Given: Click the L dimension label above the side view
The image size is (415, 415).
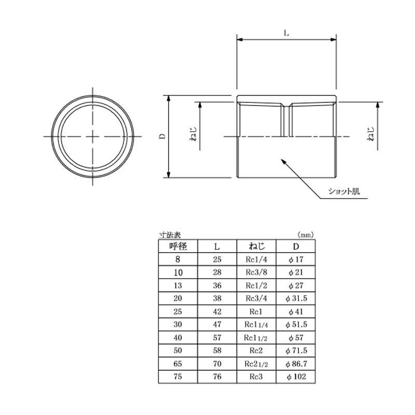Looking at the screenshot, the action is [286, 33].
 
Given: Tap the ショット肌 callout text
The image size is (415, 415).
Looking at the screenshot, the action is [344, 191].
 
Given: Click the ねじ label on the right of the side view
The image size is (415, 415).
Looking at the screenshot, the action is [371, 134].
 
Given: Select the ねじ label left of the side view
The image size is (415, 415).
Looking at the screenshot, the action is [194, 134].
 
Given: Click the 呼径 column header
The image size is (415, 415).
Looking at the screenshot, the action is [178, 246].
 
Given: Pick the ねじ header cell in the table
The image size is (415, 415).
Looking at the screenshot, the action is [256, 246].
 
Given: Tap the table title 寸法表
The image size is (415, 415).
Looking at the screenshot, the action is [170, 235].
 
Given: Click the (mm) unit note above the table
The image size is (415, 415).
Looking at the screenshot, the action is [306, 235].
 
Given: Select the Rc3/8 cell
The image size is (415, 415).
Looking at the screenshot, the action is [256, 272].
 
